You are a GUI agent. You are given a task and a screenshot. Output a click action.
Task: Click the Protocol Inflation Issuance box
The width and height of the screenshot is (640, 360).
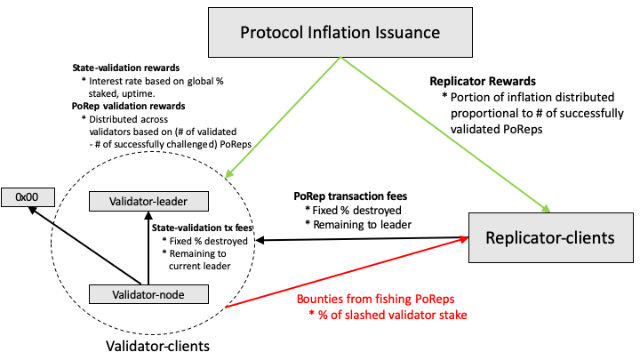(x=340, y=34)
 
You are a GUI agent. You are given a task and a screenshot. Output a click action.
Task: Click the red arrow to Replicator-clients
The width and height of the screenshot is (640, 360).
(x=347, y=273)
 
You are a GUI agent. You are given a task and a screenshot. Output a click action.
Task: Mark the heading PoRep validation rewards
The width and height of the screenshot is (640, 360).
(x=128, y=105)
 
